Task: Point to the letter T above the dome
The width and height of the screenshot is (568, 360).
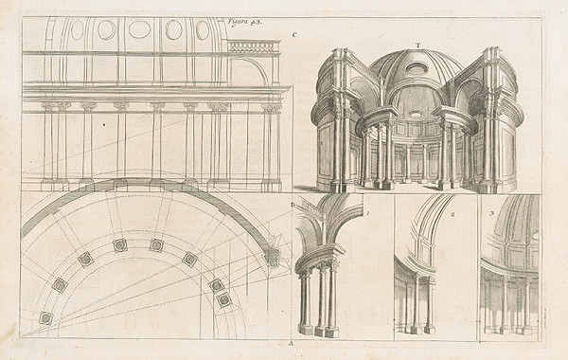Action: (x=417, y=45)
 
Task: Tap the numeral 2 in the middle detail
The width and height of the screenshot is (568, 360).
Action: (x=453, y=214)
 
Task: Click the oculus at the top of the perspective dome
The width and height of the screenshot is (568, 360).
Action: (x=417, y=68)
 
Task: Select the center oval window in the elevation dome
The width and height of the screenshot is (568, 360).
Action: (x=139, y=29)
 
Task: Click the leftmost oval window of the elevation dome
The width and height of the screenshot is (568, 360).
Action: (x=78, y=29)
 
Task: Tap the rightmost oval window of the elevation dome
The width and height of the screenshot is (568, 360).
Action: (x=203, y=30)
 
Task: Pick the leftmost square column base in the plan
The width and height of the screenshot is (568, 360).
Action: (x=45, y=318)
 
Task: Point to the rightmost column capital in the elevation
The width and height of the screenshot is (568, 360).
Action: (x=271, y=107)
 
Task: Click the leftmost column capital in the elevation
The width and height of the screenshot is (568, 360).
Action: (x=48, y=107)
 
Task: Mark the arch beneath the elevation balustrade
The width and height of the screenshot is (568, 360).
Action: (x=249, y=72)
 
